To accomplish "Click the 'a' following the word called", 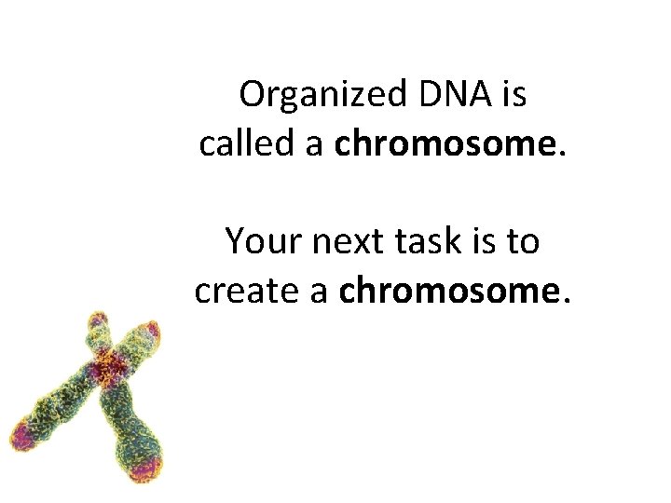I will click(312, 145).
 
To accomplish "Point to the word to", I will click(523, 242).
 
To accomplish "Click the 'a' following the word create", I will click(318, 292).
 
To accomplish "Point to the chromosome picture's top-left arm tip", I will click(95, 323).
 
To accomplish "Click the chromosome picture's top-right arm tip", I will click(146, 333).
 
